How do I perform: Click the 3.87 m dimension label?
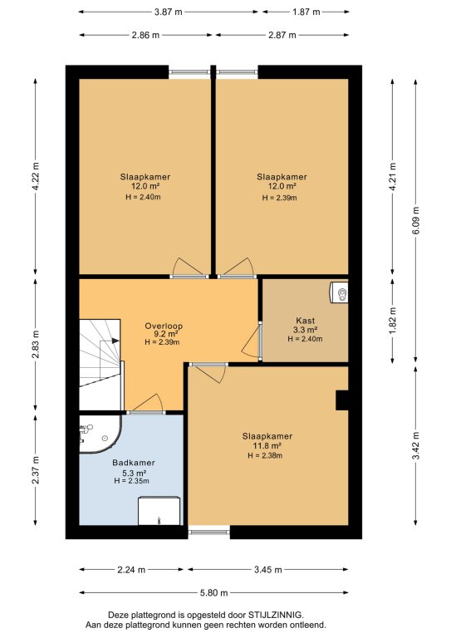click(x=168, y=12)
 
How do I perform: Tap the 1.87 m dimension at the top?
click(x=306, y=12)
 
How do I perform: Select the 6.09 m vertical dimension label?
click(x=415, y=220)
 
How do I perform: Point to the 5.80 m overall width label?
click(x=214, y=592)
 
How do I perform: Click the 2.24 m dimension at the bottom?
click(x=131, y=570)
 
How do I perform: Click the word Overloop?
click(x=164, y=326)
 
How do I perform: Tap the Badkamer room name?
click(x=134, y=463)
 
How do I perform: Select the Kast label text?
click(x=306, y=321)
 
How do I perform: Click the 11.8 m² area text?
click(x=267, y=446)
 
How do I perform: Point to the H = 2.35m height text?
click(x=131, y=481)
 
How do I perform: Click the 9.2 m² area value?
click(x=164, y=334)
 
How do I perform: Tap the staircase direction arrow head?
click(x=115, y=341)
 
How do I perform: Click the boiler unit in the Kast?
click(x=338, y=292)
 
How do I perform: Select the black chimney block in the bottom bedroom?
click(x=341, y=400)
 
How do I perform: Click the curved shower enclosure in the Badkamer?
click(x=100, y=434)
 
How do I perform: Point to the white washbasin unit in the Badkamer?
click(x=159, y=511)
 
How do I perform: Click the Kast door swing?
click(x=252, y=341)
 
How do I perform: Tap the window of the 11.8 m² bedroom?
click(x=209, y=531)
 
